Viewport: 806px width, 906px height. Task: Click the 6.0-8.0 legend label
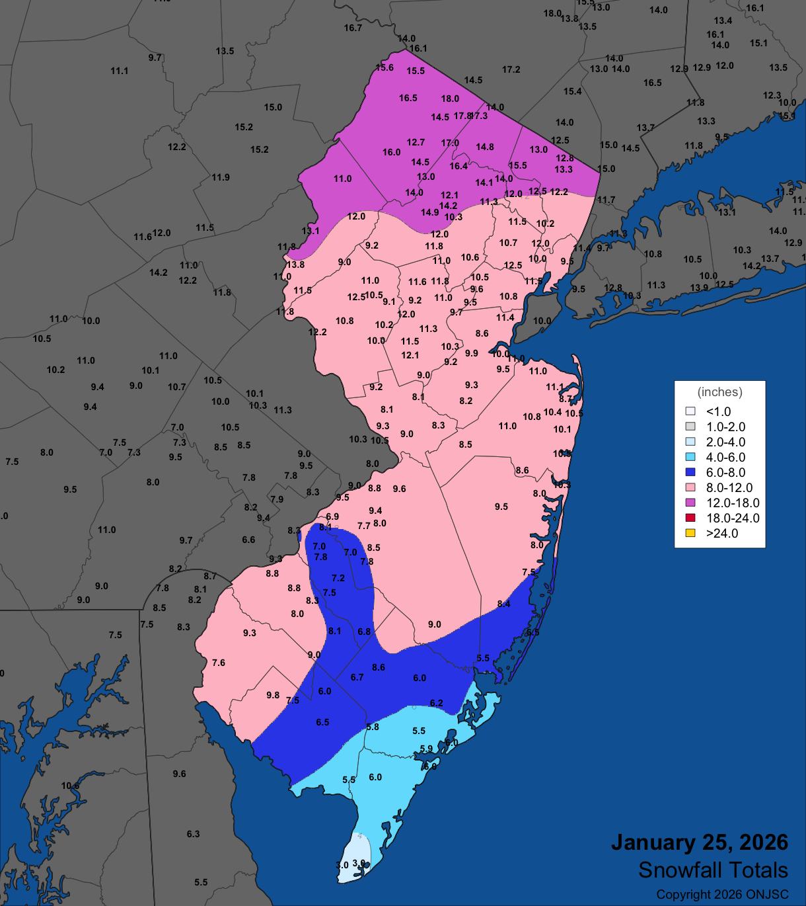(x=725, y=472)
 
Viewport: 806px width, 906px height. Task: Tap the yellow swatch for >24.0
(x=690, y=533)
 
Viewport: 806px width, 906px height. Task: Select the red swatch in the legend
(x=690, y=518)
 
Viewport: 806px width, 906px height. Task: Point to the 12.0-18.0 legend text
(x=733, y=503)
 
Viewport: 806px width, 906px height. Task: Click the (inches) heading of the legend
(x=719, y=392)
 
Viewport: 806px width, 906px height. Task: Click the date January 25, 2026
(x=699, y=843)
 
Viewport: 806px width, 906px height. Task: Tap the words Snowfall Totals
(x=713, y=870)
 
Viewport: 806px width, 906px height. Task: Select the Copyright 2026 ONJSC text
(x=722, y=895)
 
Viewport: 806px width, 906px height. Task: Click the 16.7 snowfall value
(x=353, y=28)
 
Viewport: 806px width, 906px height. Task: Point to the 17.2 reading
(x=511, y=69)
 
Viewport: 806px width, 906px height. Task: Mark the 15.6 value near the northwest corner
(x=385, y=67)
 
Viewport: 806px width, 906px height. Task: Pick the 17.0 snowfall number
(x=450, y=143)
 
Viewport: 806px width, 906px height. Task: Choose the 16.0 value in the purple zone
(x=391, y=152)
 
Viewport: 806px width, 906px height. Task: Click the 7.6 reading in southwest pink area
(x=219, y=663)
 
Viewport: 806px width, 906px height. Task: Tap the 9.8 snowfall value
(x=273, y=695)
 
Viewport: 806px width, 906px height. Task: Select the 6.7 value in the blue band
(x=357, y=677)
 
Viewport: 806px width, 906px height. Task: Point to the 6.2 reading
(x=436, y=703)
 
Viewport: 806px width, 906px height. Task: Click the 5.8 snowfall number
(x=373, y=727)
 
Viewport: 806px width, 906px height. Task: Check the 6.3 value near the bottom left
(x=193, y=834)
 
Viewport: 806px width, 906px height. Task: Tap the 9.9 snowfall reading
(x=471, y=353)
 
